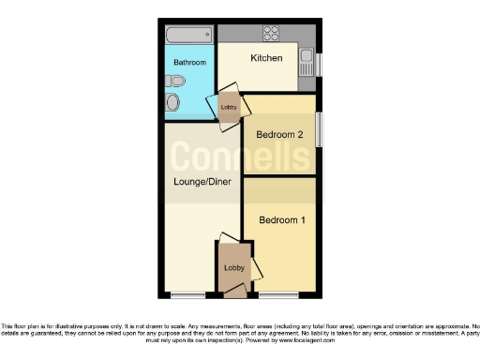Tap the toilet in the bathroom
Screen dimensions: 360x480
[172, 103]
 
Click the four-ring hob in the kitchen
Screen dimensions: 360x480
[273, 35]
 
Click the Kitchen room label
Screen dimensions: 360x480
[266, 58]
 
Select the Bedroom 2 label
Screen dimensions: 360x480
[280, 135]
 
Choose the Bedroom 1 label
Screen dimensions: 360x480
[281, 220]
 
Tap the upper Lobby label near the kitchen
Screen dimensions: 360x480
[229, 107]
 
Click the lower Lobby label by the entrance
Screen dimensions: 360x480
[232, 268]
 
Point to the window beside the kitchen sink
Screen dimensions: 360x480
[318, 65]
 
